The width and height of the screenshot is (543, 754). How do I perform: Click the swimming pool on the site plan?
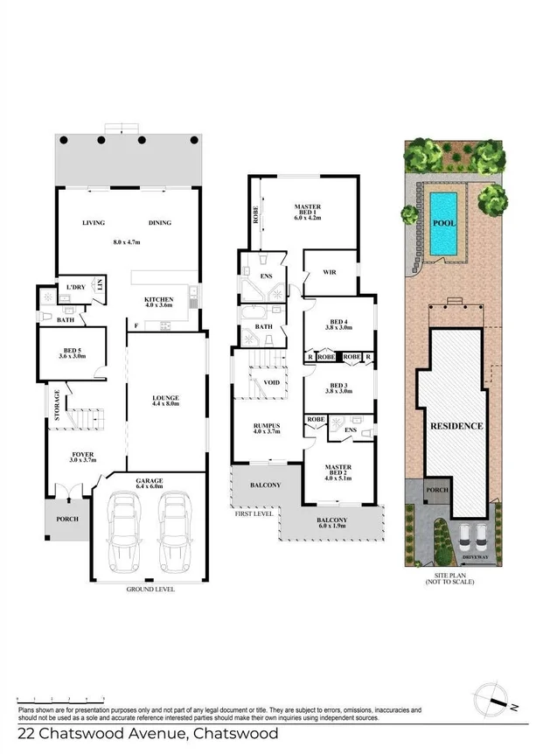click(443, 222)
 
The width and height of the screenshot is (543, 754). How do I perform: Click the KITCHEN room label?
click(159, 300)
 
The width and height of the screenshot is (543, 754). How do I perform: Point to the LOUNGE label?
click(165, 399)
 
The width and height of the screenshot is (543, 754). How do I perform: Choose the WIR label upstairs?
click(330, 272)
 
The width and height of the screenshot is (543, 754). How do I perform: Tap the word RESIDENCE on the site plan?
click(456, 426)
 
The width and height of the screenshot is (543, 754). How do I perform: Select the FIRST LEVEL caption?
click(253, 513)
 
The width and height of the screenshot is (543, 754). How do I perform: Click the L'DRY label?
click(70, 287)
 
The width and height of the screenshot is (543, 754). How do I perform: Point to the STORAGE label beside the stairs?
click(57, 406)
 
